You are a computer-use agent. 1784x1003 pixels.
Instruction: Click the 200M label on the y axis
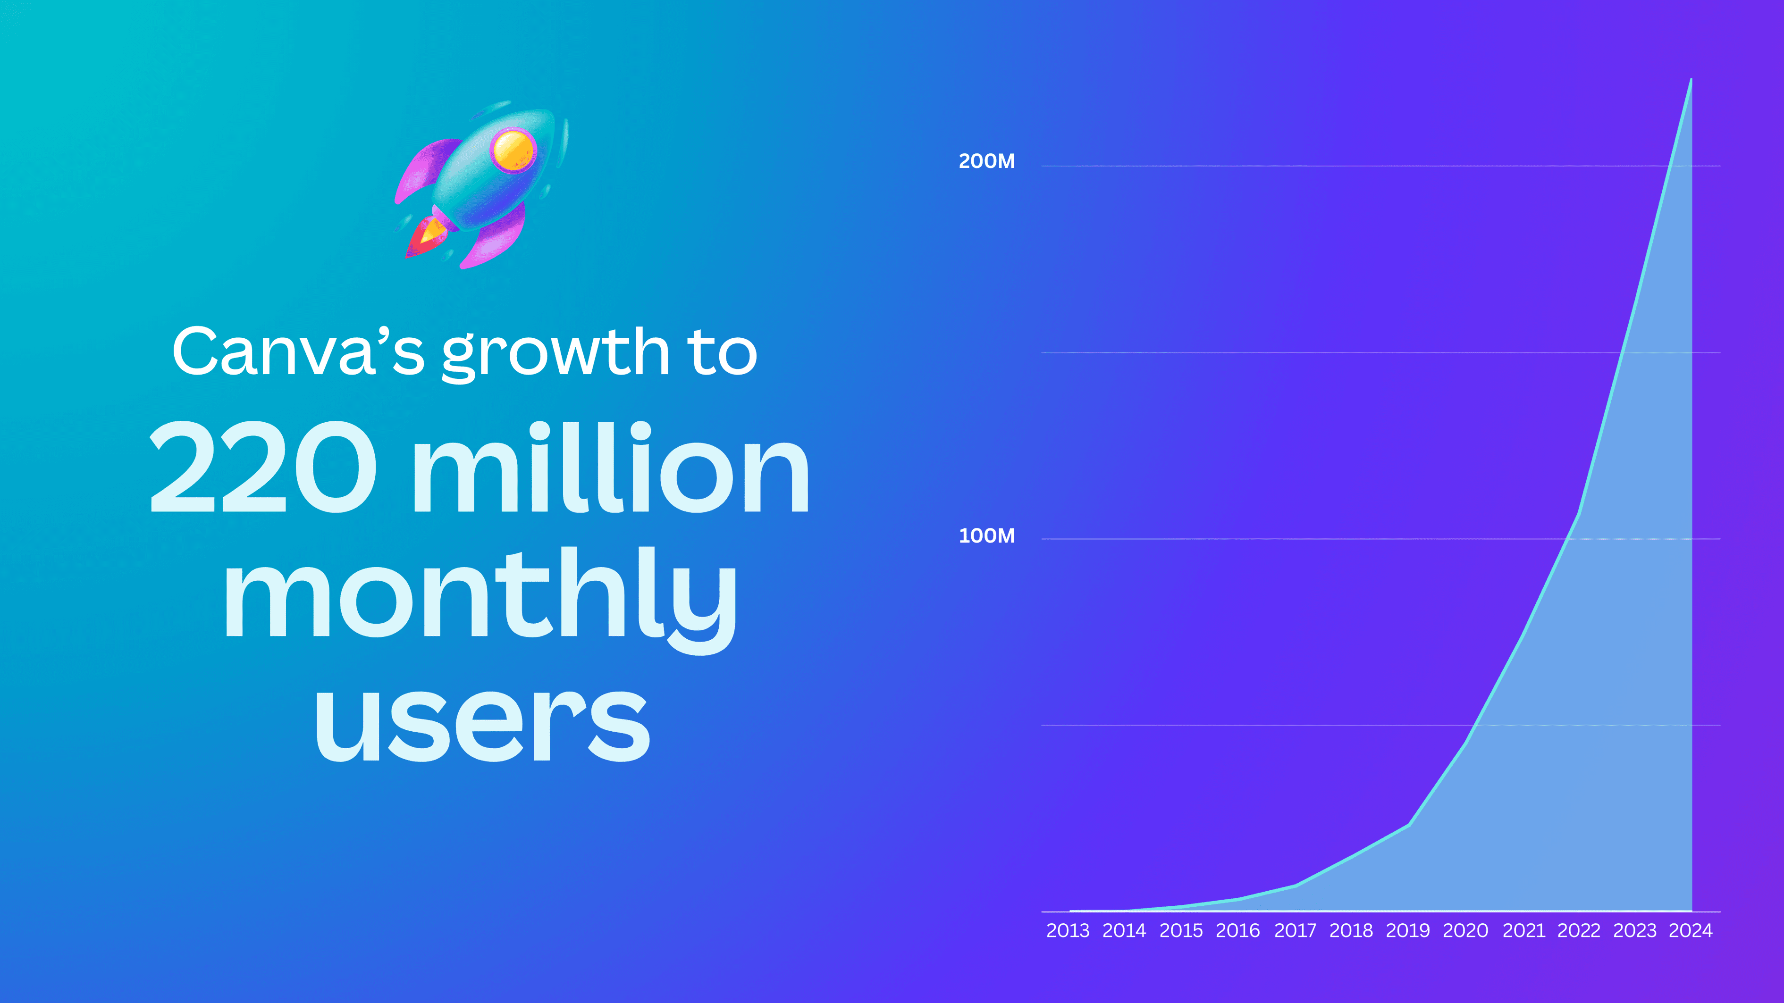(x=986, y=161)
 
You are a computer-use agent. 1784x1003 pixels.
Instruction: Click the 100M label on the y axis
(x=986, y=536)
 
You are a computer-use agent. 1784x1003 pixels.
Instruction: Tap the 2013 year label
(x=1067, y=930)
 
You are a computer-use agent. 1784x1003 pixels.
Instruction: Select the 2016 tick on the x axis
(x=1237, y=930)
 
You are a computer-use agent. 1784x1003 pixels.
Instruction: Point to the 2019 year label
(x=1407, y=930)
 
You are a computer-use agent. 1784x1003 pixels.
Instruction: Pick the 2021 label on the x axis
(x=1523, y=930)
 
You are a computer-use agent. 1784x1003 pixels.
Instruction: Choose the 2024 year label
(x=1691, y=930)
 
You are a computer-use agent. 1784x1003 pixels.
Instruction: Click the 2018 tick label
(x=1350, y=930)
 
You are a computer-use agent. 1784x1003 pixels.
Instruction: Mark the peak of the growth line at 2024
(x=1691, y=80)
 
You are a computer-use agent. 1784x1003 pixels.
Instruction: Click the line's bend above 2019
(x=1409, y=824)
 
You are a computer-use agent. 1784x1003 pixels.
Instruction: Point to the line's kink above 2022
(x=1578, y=513)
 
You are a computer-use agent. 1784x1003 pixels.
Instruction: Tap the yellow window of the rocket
(x=513, y=150)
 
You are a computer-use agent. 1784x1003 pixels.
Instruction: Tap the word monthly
(x=479, y=595)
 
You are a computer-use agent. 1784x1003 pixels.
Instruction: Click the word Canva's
(x=298, y=351)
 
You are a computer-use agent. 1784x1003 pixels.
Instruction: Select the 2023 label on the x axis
(x=1634, y=930)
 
